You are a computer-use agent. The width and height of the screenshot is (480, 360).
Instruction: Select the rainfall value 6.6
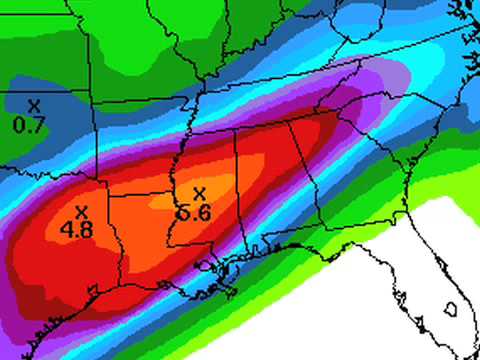click(197, 212)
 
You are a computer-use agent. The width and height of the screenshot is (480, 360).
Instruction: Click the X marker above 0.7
click(33, 105)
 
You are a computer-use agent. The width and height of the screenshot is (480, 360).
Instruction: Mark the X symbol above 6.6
click(198, 193)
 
